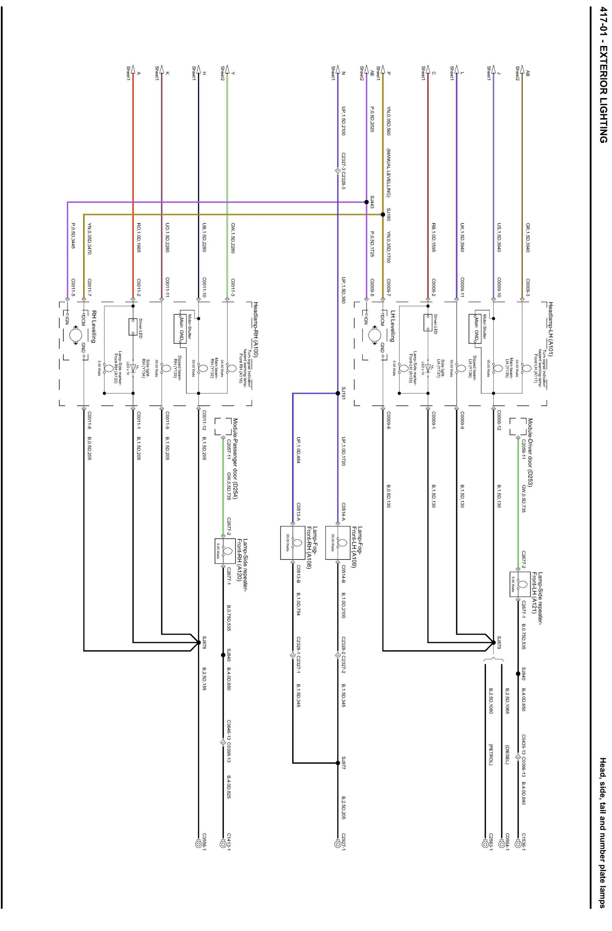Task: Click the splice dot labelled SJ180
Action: (x=383, y=214)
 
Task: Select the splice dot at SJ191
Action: (x=337, y=393)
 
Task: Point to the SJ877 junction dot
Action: (x=337, y=763)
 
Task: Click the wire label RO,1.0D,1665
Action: (x=139, y=238)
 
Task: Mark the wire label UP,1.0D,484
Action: (x=298, y=450)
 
